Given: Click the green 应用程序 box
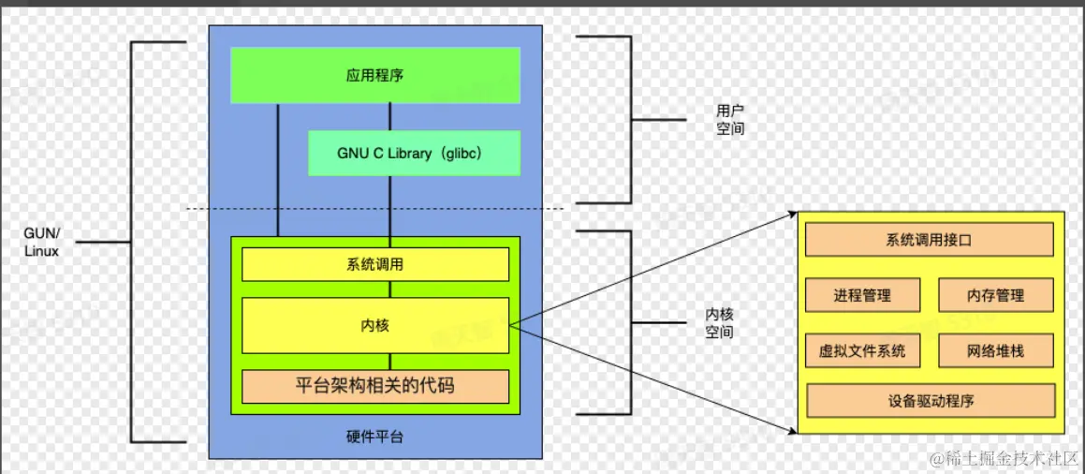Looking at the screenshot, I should (x=374, y=75).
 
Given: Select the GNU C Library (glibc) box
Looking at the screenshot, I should (x=414, y=153).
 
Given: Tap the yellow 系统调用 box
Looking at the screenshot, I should (x=374, y=265).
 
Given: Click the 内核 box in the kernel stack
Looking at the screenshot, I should (x=374, y=325).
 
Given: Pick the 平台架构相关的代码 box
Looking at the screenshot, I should (x=374, y=385).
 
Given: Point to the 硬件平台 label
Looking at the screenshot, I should (x=374, y=437).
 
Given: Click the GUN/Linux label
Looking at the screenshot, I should (x=41, y=242).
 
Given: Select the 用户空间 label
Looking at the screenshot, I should (x=730, y=120).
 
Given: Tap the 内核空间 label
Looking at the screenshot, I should (x=719, y=323).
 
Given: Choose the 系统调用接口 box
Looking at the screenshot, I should (x=929, y=240).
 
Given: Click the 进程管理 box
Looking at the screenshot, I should (x=862, y=295).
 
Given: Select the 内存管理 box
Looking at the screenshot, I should (x=995, y=295).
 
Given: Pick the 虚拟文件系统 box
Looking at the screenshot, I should (x=862, y=351).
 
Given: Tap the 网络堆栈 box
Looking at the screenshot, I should (x=995, y=351).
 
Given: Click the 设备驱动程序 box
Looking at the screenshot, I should (x=931, y=401).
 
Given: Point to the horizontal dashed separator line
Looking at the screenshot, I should (x=374, y=208).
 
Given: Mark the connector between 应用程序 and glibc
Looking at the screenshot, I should (x=389, y=117).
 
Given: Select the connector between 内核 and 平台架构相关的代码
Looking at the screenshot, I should (x=389, y=361).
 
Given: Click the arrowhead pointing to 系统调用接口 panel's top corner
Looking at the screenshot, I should (x=791, y=215).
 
